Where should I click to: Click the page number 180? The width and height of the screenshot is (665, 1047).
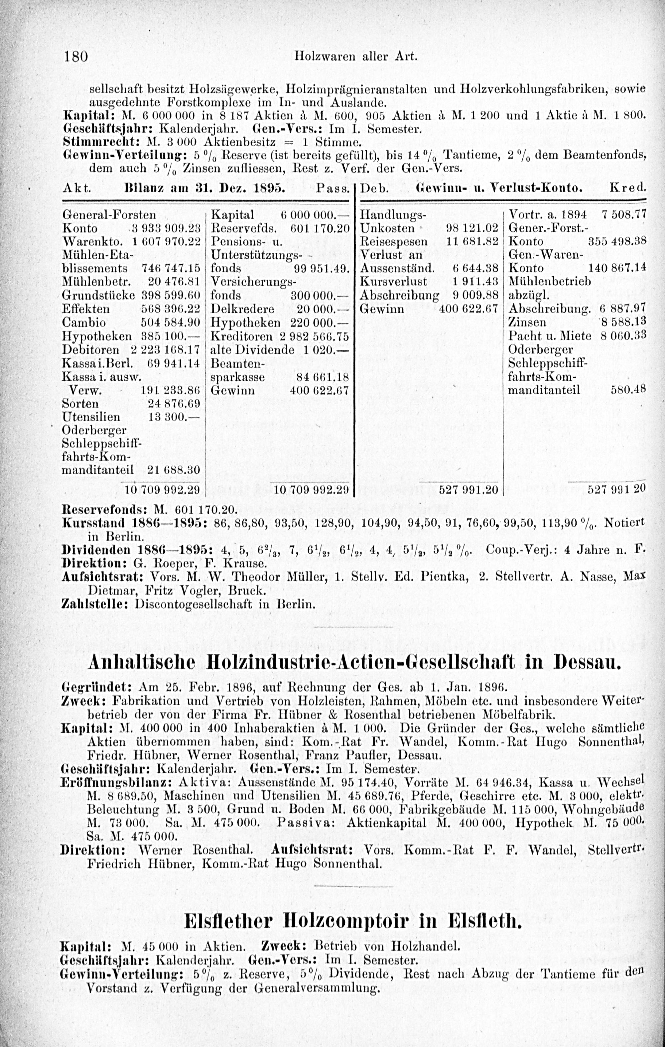pyautogui.click(x=76, y=57)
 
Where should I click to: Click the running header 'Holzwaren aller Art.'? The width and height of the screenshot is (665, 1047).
pyautogui.click(x=355, y=57)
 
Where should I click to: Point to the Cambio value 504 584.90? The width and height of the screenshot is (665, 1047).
pyautogui.click(x=171, y=322)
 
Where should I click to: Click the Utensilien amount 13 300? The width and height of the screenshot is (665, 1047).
pyautogui.click(x=174, y=417)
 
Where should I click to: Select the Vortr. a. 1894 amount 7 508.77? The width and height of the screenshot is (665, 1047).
pyautogui.click(x=623, y=214)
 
